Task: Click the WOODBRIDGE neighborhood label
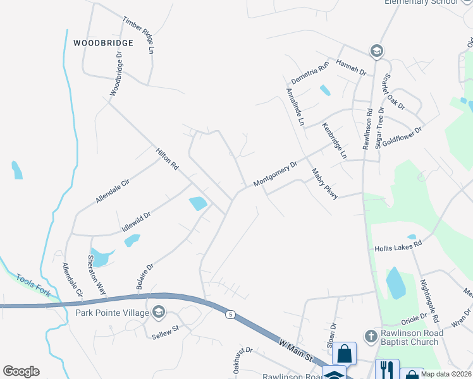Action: click(103, 43)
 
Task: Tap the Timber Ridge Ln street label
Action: click(139, 33)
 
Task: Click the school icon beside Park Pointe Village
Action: click(158, 312)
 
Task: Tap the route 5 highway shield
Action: click(231, 314)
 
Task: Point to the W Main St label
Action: click(296, 349)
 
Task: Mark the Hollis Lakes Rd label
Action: click(398, 247)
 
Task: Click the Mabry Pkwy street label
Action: click(325, 184)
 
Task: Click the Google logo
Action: click(21, 371)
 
